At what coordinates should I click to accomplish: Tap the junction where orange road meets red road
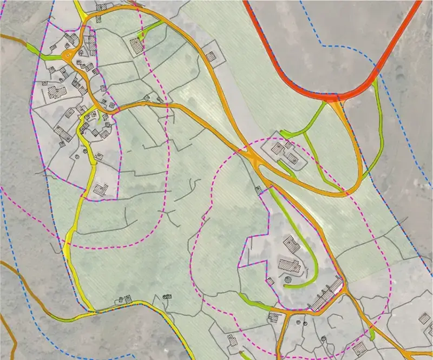[x=336, y=103]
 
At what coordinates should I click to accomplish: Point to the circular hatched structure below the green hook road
[x=288, y=280]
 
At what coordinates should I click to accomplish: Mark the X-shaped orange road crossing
[x=253, y=158]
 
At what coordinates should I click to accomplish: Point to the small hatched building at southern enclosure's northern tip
[x=259, y=189]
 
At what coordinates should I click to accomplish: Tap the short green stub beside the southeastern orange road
[x=372, y=335]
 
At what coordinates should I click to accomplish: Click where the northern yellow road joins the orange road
[x=84, y=16]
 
